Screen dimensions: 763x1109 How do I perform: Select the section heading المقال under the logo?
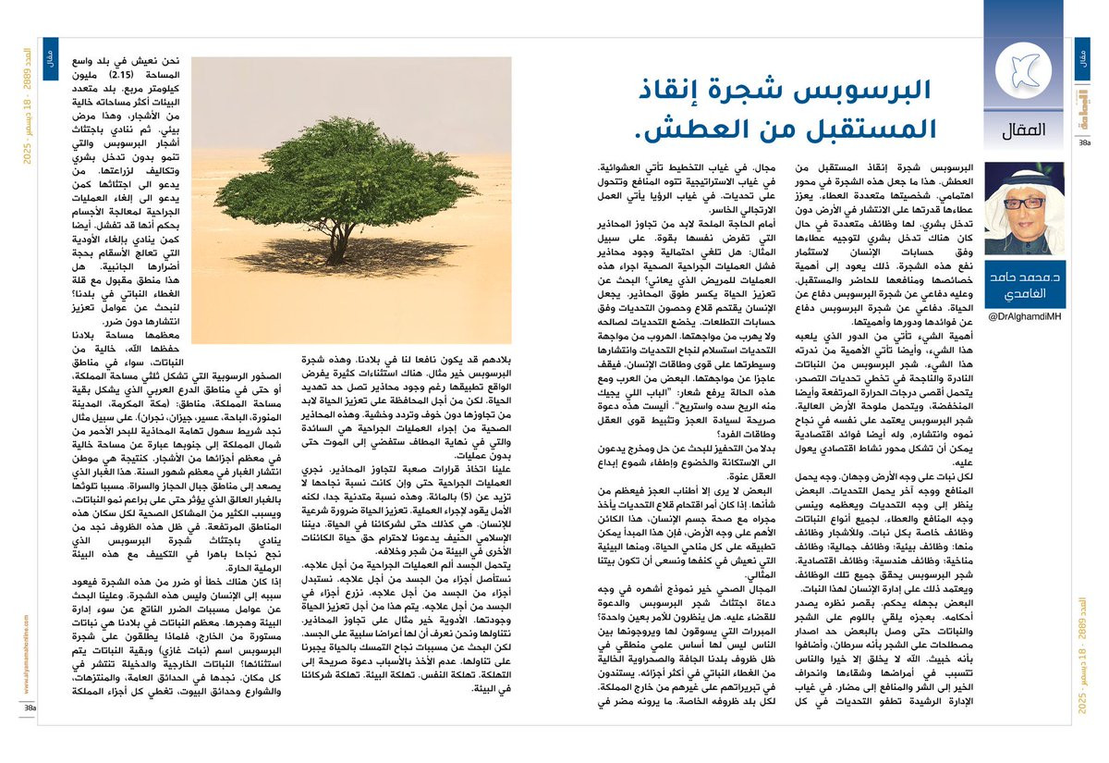click(1023, 131)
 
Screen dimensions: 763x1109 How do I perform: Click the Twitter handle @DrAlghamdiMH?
click(1024, 317)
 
